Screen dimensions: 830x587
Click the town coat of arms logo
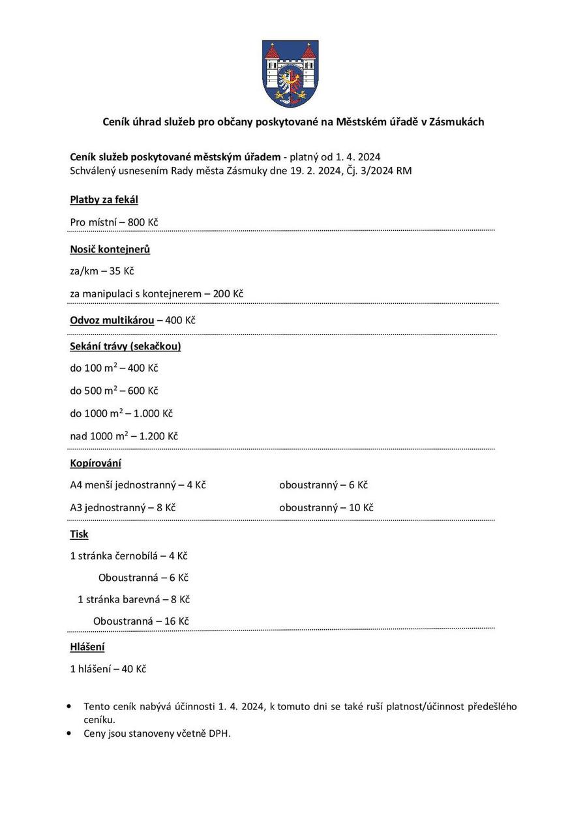290,73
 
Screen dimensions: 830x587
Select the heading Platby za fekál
104,200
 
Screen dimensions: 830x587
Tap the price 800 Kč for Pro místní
143,222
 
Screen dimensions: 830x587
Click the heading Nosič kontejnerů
110,249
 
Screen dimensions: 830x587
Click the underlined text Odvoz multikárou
112,320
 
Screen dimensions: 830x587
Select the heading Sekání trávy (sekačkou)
125,346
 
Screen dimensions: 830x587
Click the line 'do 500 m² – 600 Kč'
114,391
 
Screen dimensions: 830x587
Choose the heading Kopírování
95,464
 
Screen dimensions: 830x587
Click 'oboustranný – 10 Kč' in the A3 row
326,507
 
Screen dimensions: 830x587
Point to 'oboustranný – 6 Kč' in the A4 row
324,485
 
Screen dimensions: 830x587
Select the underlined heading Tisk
79,534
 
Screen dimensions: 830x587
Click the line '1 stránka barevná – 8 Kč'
134,599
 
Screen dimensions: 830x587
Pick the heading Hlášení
87,647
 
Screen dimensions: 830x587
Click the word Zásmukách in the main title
457,122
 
